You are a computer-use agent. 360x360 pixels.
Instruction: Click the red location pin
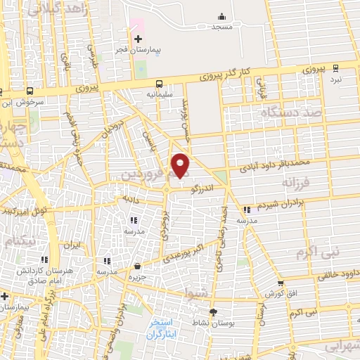pos(181,165)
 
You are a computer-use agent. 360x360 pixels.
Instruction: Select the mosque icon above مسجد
pos(223,15)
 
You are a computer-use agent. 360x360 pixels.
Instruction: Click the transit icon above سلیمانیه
pos(160,82)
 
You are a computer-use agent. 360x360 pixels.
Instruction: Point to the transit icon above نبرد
pos(336,69)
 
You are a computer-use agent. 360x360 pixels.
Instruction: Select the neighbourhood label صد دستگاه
pos(290,112)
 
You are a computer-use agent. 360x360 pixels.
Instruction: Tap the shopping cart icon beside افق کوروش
pos(281,283)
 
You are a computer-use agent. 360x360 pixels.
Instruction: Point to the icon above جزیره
pos(137,266)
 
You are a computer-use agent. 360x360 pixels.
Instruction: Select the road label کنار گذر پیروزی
pos(250,72)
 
